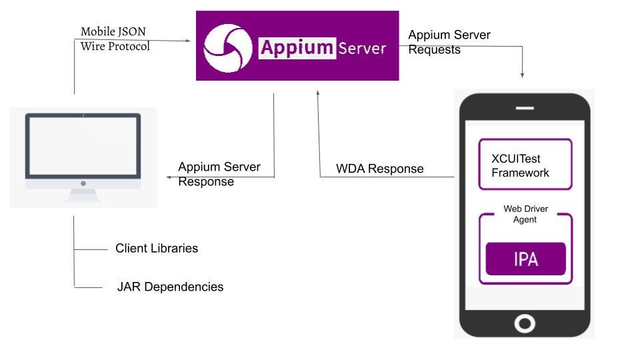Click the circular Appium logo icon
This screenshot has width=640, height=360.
[x=227, y=47]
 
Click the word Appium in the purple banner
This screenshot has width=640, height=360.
[x=296, y=47]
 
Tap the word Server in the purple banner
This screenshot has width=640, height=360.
[x=362, y=48]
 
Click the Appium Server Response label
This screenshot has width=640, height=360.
[x=219, y=174]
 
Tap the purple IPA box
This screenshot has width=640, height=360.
[x=525, y=259]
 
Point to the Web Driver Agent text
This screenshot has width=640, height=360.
[x=525, y=214]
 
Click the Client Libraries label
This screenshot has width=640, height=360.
[x=157, y=248]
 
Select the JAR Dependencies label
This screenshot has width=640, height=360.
[x=170, y=287]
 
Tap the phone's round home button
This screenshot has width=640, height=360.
[x=525, y=323]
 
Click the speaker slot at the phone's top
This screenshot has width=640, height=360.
[x=525, y=107]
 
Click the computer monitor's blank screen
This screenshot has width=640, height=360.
[x=83, y=147]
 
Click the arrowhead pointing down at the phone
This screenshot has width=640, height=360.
[x=522, y=75]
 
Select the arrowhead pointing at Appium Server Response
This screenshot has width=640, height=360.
[x=169, y=177]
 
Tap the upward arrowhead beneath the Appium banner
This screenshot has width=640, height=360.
[x=319, y=93]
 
